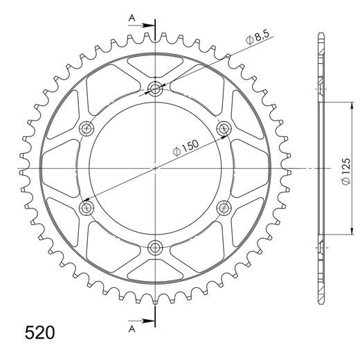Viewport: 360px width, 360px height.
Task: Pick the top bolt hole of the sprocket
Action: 156,88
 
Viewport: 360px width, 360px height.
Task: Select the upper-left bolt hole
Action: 87,128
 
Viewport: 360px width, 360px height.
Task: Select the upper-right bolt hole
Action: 224,128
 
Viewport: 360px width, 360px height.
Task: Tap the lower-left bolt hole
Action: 87,207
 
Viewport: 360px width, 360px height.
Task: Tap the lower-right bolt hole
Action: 224,207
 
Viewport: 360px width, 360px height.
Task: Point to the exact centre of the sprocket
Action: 156,168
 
